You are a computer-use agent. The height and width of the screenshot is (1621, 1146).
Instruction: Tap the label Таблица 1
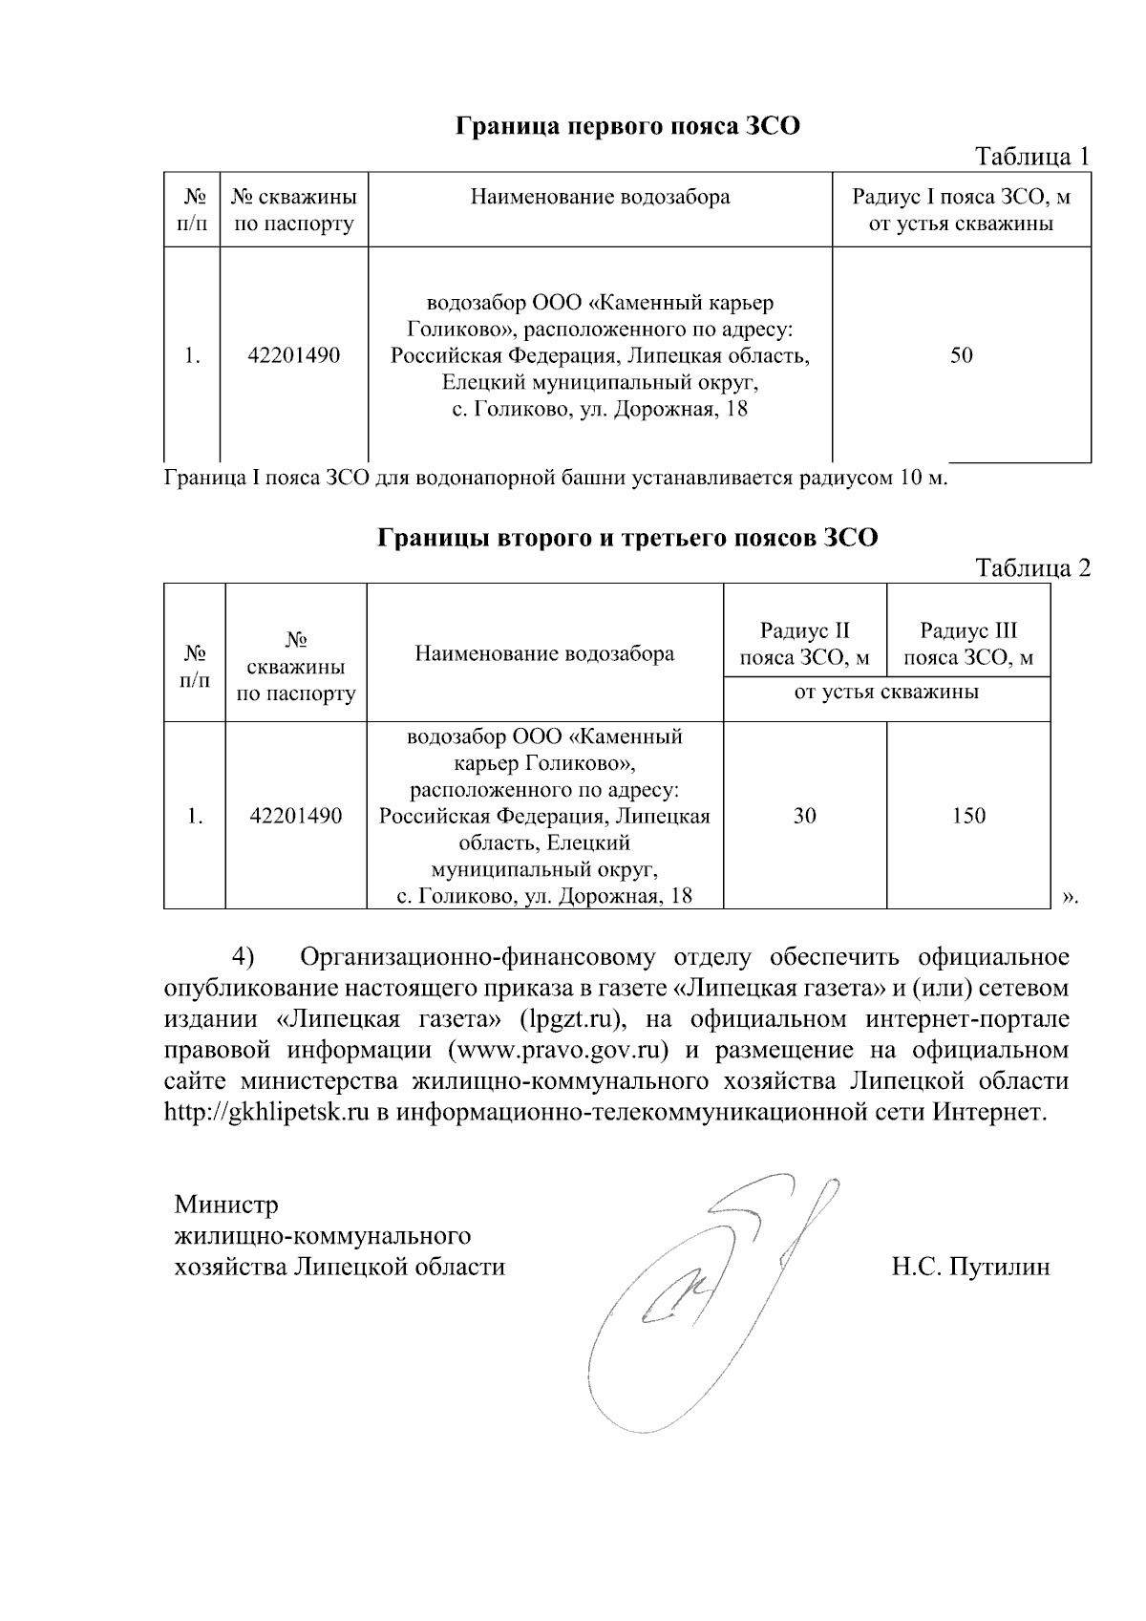(1030, 157)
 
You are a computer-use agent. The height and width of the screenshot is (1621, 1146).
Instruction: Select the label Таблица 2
(1031, 568)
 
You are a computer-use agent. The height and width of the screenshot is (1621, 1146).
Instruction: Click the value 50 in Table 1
(961, 355)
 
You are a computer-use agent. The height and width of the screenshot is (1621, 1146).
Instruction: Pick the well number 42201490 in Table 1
(293, 355)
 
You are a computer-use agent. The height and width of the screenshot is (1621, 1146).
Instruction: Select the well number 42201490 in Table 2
(295, 816)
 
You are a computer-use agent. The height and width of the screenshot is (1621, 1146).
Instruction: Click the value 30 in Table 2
(804, 816)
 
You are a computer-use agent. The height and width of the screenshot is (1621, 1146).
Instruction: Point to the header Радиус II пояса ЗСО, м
(804, 644)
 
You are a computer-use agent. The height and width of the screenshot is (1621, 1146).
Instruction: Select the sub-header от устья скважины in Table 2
(886, 692)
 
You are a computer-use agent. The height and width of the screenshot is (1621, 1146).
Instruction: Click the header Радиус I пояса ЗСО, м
(961, 210)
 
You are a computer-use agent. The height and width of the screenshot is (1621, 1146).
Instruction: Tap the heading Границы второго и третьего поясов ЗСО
(627, 538)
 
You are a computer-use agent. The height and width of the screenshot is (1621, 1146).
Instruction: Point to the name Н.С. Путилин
(970, 1267)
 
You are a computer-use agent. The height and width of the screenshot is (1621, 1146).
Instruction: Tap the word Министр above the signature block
(225, 1204)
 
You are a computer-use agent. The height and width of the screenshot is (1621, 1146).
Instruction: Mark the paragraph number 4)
(246, 957)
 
